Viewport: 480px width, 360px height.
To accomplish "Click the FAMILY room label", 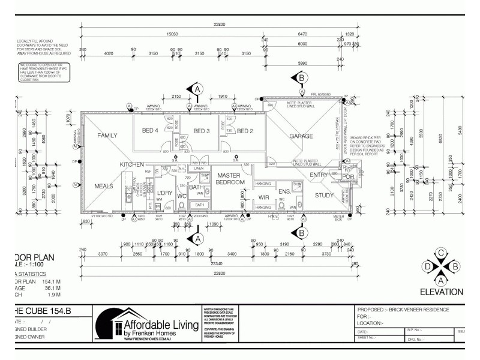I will tap(107, 136).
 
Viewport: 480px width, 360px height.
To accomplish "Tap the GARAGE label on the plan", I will tap(301, 136).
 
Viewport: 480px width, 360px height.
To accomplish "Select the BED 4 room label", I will tap(150, 131).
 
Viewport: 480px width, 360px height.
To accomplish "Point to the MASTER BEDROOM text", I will tap(229, 178).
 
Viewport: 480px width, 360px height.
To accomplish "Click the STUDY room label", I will tap(325, 194).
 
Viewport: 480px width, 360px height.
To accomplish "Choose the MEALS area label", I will tap(103, 186).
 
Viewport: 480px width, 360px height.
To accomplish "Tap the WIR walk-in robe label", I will tap(263, 197).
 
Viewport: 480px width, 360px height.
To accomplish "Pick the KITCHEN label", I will tap(131, 164).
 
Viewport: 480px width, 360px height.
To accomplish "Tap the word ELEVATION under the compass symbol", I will tap(441, 292).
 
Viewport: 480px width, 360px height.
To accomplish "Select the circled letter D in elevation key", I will tap(428, 266).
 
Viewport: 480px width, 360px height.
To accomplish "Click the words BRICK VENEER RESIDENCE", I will tap(419, 310).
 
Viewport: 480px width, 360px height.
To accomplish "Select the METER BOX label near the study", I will tap(340, 220).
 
